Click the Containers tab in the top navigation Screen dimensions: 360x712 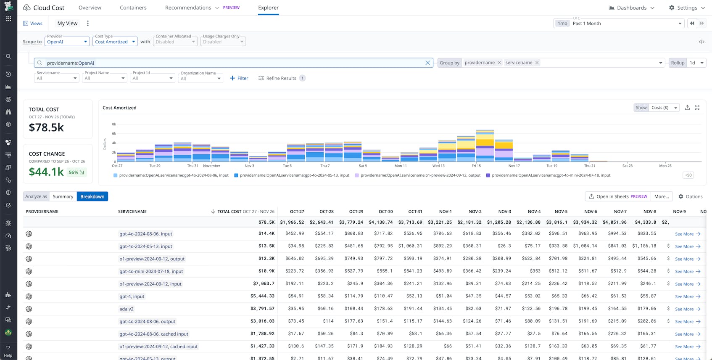(x=133, y=8)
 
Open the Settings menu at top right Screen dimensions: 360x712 (x=687, y=8)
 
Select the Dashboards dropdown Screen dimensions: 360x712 (x=631, y=8)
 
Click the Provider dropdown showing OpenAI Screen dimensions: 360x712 (x=67, y=42)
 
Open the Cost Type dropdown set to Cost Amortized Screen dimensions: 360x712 (x=115, y=42)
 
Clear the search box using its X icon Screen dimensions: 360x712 (x=427, y=63)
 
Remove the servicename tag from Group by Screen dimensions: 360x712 (x=537, y=63)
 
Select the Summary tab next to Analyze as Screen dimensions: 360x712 (x=63, y=196)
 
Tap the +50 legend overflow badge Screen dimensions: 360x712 (x=688, y=175)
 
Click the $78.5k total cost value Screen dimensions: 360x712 (x=46, y=127)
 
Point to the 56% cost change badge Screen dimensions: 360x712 (x=76, y=172)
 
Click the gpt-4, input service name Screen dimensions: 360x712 (x=132, y=296)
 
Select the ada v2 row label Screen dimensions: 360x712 (x=126, y=309)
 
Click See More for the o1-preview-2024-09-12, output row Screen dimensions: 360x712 (x=687, y=259)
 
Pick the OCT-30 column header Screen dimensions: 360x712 (x=385, y=212)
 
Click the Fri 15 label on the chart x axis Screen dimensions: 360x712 (x=476, y=166)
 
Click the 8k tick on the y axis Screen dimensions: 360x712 (x=114, y=124)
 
